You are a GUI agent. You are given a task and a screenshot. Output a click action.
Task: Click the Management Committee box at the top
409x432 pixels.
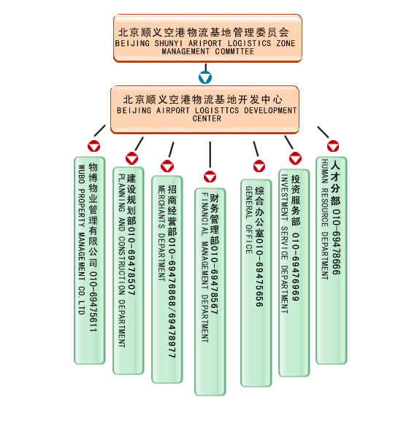point(207,38)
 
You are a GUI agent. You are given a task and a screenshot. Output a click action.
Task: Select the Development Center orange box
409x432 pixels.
point(205,109)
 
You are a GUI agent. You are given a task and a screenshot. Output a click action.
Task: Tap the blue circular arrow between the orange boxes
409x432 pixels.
point(205,77)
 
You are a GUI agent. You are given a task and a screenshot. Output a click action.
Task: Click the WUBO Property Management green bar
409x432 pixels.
point(90,261)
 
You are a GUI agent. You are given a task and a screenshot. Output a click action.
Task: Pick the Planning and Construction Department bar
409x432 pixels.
point(129,271)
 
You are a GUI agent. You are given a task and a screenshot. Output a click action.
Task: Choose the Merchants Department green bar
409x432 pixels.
point(167,279)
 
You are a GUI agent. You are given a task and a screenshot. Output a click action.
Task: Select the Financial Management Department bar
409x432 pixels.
point(210,292)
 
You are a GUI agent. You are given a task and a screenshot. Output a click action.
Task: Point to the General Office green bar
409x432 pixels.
point(256,283)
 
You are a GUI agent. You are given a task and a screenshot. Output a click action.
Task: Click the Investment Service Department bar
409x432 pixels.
point(294,273)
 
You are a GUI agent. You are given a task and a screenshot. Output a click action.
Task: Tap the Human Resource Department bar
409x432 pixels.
point(332,261)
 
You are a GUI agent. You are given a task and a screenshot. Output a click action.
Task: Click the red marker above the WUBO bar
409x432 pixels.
point(93,146)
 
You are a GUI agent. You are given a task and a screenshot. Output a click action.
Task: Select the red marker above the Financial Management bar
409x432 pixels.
point(210,177)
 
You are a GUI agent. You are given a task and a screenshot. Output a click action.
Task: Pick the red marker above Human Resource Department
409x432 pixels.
point(333,146)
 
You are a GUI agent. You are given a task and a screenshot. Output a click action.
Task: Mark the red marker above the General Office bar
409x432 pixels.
point(259,166)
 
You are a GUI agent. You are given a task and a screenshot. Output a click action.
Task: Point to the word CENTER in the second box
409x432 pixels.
point(207,118)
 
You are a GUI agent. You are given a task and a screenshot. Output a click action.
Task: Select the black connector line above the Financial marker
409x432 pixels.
point(210,155)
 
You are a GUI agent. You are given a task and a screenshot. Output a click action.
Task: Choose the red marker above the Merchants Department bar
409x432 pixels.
point(167,166)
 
